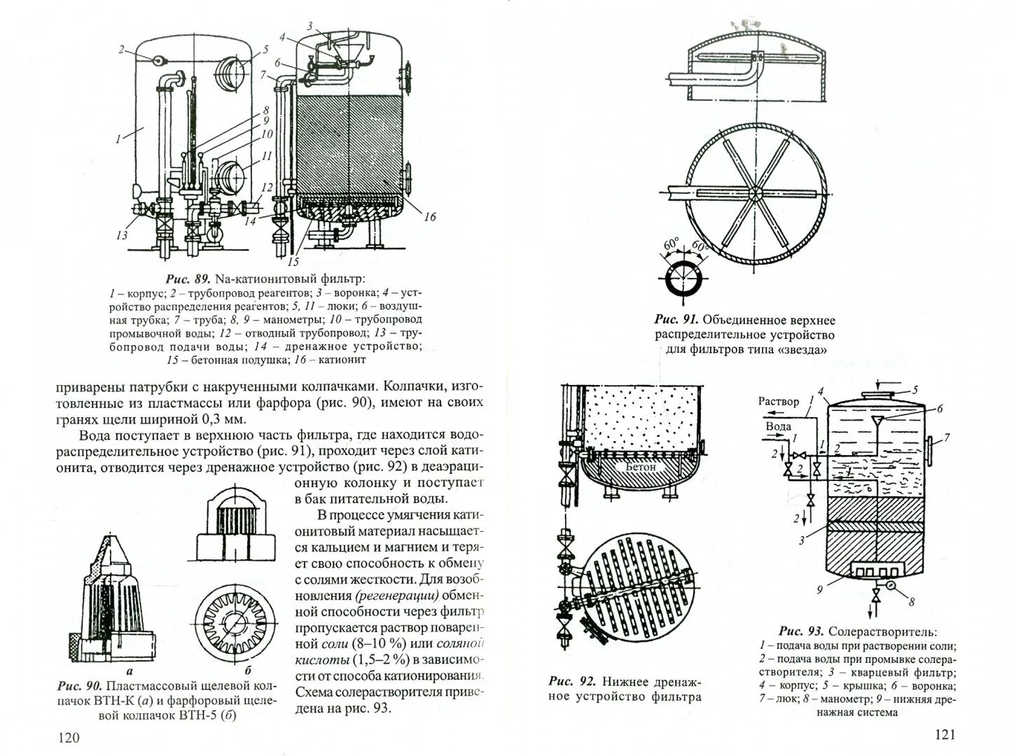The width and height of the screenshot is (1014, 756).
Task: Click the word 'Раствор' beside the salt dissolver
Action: pyautogui.click(x=777, y=402)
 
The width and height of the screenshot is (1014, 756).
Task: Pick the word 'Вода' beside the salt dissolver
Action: pyautogui.click(x=778, y=426)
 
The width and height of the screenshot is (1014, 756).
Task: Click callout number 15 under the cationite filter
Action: pyautogui.click(x=292, y=262)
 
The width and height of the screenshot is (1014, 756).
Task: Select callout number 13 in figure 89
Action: pyautogui.click(x=123, y=235)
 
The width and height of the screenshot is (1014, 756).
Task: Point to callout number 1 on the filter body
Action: pyautogui.click(x=120, y=139)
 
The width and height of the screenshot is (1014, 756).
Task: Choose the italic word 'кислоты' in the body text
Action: pyautogui.click(x=321, y=659)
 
